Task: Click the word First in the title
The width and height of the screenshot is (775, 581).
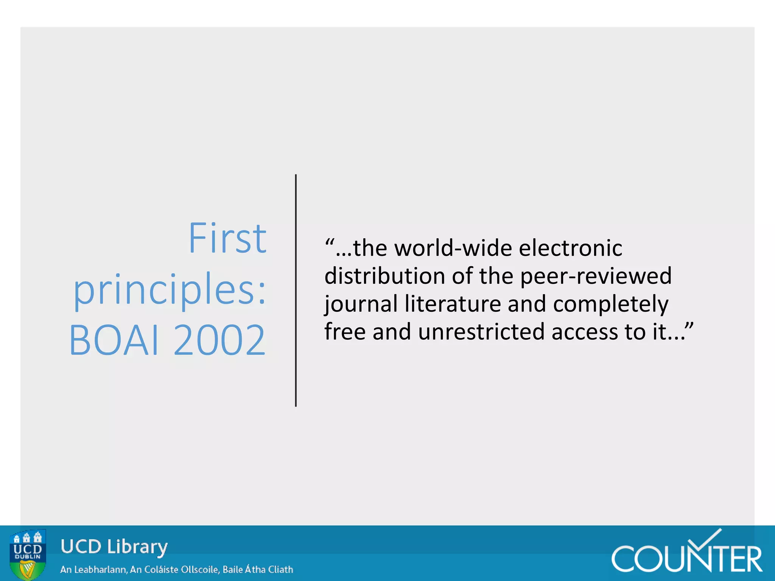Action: (227, 238)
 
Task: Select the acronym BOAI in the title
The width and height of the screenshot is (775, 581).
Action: (114, 340)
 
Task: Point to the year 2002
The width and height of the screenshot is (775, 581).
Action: (219, 340)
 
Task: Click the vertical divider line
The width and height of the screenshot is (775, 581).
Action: (296, 290)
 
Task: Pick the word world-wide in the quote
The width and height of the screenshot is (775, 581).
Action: (453, 249)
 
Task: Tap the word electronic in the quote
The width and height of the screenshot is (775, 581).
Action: (570, 249)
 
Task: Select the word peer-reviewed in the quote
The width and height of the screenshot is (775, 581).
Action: (596, 276)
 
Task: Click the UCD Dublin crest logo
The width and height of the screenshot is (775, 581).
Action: (28, 555)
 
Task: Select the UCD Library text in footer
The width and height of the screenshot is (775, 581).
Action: (114, 547)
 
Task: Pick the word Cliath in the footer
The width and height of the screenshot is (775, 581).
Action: (280, 570)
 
